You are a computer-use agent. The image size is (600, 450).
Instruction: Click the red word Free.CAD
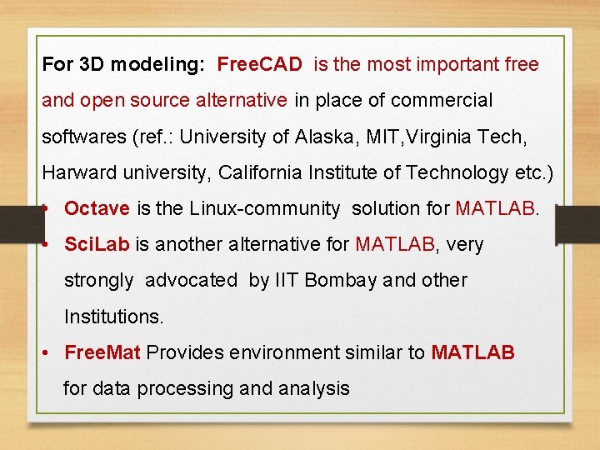261,64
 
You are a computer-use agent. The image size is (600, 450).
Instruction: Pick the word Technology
442,172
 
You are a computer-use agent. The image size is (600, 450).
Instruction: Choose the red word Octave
97,208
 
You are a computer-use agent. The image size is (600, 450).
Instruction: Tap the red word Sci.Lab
97,245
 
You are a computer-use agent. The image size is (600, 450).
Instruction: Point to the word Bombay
341,281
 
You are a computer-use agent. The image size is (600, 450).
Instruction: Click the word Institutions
114,317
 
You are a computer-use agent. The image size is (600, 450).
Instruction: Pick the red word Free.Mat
102,352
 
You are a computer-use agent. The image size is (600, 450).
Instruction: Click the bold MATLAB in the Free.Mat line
472,352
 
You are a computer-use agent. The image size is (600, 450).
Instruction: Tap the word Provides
185,352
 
